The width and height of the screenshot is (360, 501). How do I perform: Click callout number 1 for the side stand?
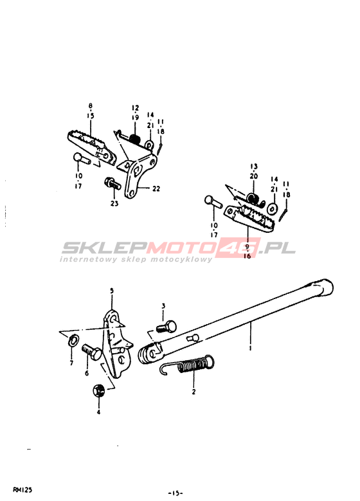250,347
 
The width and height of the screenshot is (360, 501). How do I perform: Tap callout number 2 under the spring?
194,392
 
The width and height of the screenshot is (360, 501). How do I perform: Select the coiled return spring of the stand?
187,366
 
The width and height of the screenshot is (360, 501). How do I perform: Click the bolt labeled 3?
167,326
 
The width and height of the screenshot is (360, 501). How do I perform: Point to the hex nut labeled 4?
99,391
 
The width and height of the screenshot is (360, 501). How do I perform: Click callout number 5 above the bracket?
112,291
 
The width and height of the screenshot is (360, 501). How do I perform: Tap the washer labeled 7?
74,340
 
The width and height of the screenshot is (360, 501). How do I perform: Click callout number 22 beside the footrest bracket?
156,188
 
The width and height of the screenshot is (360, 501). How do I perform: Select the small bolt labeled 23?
113,183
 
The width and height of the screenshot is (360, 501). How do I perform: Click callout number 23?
114,203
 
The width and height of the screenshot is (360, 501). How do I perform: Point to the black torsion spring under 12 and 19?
135,139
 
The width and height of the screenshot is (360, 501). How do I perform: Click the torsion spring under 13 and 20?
255,199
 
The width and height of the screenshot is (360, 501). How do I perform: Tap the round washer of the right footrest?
273,209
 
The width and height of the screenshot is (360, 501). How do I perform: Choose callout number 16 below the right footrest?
248,256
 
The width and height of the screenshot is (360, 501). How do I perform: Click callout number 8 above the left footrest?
91,105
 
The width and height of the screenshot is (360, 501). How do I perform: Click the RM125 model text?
22,490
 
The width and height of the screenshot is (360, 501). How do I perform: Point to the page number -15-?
175,493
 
